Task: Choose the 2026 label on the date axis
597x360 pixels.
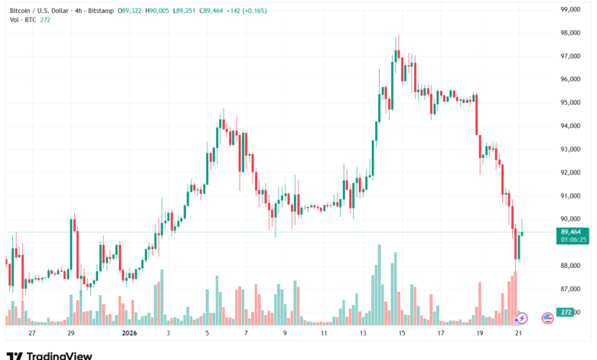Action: [x=129, y=334]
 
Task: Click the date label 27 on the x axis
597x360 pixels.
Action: [x=31, y=334]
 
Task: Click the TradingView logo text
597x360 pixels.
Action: [x=60, y=355]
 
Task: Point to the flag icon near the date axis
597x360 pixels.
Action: [x=547, y=317]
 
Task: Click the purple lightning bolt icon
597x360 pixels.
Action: [x=522, y=317]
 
